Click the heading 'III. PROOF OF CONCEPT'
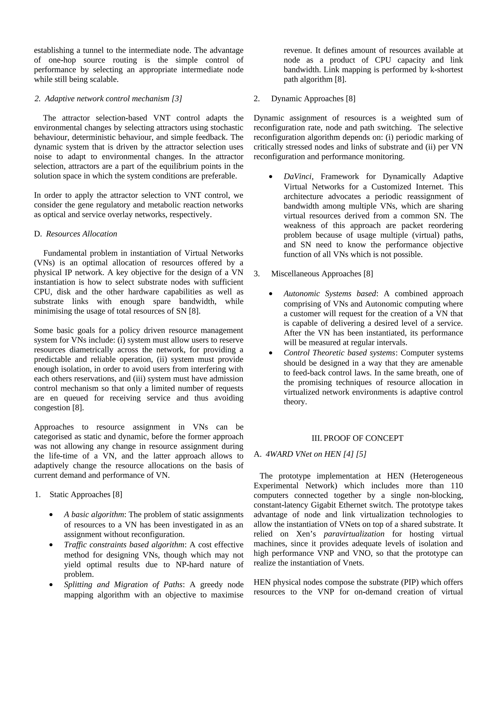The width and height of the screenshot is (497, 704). tap(357, 438)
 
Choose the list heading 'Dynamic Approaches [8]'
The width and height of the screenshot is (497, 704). tap(313, 98)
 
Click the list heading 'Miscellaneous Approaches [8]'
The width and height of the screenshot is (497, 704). tap(322, 274)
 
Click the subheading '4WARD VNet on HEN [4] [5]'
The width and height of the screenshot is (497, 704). tap(316, 454)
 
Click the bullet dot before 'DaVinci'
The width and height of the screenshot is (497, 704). tap(270, 177)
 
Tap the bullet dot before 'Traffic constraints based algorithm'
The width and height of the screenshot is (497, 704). tap(51, 545)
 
